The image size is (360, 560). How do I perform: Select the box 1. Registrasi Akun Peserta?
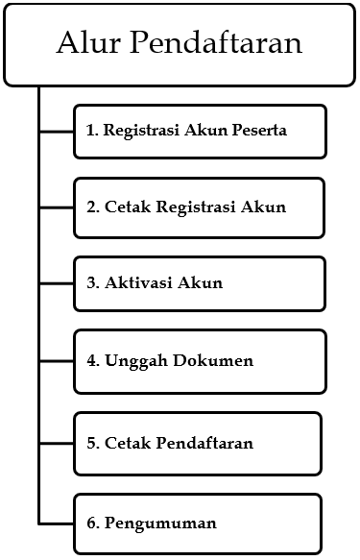199,131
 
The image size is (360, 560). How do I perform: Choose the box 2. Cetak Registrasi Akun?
199,207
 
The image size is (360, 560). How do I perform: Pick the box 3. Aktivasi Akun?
199,283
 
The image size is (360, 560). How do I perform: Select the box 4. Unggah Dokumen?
199,362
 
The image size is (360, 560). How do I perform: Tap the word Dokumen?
217,361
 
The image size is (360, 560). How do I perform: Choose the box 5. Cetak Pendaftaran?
197,443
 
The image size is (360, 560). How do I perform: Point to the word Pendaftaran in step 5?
207,443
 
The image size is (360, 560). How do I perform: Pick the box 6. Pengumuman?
197,523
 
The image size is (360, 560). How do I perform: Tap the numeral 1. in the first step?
92,131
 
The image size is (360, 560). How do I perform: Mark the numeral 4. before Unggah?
92,361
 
